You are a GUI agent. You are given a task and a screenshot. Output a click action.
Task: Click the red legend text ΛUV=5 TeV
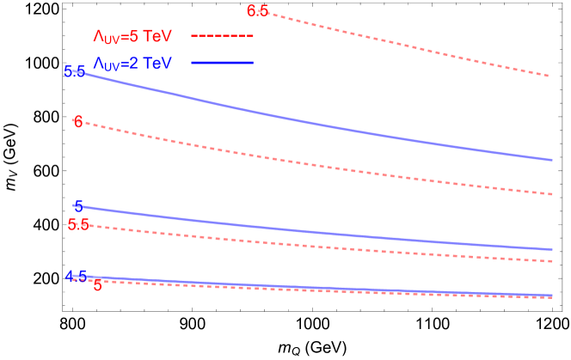click(132, 37)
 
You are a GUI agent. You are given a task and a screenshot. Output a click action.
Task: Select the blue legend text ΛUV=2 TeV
click(132, 64)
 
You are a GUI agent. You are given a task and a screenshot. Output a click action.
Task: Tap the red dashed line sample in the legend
click(222, 36)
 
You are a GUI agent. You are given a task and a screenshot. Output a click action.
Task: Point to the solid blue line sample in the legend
click(222, 63)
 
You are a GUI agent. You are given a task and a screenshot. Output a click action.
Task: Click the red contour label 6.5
click(257, 11)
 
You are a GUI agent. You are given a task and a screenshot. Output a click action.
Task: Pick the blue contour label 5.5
click(75, 71)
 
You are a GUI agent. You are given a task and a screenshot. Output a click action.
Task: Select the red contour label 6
click(78, 122)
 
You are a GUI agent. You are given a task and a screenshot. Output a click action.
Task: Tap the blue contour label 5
click(78, 206)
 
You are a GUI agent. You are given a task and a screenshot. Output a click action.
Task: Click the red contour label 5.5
click(78, 224)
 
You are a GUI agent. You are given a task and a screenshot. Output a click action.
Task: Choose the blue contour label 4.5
click(76, 277)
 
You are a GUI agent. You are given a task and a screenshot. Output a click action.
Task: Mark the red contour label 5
click(97, 285)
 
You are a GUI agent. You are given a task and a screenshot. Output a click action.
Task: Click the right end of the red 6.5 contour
click(550, 76)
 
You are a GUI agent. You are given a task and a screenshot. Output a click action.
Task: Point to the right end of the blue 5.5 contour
click(552, 160)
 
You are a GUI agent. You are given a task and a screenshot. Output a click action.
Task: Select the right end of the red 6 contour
click(552, 194)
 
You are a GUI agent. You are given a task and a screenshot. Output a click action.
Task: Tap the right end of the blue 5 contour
click(552, 249)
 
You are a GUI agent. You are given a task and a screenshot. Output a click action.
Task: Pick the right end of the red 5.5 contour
click(552, 260)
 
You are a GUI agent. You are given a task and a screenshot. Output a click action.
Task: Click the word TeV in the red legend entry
click(157, 37)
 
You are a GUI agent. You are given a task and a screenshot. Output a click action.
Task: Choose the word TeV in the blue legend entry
click(157, 64)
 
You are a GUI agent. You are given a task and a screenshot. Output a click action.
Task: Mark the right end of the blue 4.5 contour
click(552, 295)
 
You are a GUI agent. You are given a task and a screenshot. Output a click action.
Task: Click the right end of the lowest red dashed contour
click(552, 298)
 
